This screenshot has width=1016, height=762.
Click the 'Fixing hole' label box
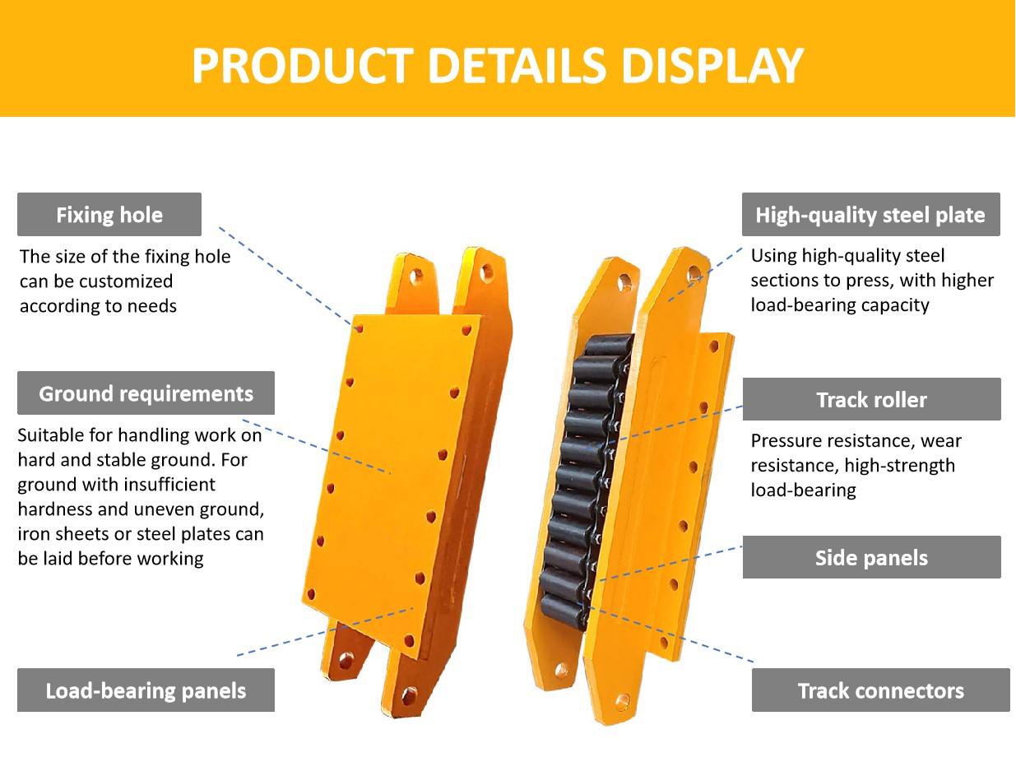[x=109, y=214]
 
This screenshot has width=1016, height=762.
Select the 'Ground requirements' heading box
[x=146, y=393]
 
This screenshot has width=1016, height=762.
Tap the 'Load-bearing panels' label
[x=146, y=690]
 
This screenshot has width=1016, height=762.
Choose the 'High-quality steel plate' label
[x=870, y=214]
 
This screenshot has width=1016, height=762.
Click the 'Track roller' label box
[x=871, y=399]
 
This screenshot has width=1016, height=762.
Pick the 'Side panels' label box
[x=871, y=557]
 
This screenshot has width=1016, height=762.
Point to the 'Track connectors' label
[x=880, y=690]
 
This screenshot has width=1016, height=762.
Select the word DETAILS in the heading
[x=517, y=65]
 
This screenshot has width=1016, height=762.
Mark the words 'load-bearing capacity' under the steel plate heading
[x=840, y=305]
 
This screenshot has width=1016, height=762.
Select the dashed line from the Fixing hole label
[x=285, y=276]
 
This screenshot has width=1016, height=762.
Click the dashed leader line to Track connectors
[x=670, y=634]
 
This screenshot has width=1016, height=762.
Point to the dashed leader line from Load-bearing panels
[x=325, y=631]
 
